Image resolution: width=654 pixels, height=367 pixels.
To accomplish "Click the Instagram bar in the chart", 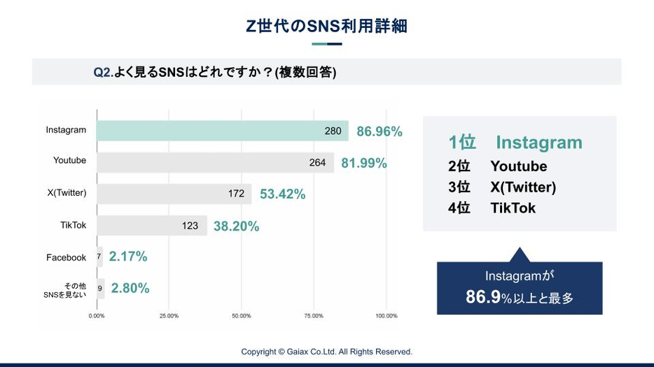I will click(x=222, y=131).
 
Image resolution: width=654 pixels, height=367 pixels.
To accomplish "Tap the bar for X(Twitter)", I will click(x=174, y=194).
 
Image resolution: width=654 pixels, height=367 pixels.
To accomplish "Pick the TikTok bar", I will click(x=151, y=225).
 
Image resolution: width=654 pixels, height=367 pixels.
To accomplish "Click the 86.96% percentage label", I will click(x=379, y=131).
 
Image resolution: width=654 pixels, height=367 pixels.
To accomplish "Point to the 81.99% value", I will click(x=363, y=164).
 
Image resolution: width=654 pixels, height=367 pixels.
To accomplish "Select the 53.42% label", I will click(x=282, y=194).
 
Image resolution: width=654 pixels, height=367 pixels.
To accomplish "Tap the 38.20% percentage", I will click(x=236, y=226).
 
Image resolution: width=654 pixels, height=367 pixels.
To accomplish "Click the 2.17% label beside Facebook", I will click(x=128, y=257).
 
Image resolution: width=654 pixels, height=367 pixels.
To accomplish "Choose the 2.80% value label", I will click(x=130, y=288).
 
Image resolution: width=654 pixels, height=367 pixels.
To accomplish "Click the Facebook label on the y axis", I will click(x=66, y=257).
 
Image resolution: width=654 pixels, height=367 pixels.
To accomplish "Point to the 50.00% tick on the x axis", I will click(x=241, y=316).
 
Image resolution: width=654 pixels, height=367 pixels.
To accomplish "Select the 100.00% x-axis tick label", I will click(x=386, y=316).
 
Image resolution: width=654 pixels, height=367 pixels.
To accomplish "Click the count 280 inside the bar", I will click(x=333, y=131).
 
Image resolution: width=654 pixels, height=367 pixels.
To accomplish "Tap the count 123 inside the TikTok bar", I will click(x=190, y=226).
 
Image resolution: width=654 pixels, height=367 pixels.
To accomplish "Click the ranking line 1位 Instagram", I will click(x=515, y=143).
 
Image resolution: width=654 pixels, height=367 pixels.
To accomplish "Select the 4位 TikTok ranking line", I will click(x=492, y=208).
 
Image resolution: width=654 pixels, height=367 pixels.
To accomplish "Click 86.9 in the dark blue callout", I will click(x=483, y=297).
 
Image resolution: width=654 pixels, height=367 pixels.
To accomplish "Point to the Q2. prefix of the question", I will click(x=103, y=72).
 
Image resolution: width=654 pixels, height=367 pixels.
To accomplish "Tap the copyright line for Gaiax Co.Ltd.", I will click(x=326, y=352).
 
